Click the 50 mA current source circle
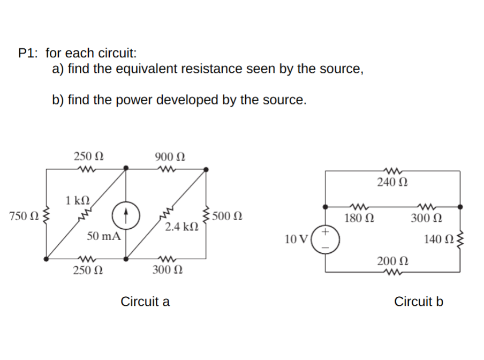pyautogui.click(x=126, y=215)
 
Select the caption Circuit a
pyautogui.click(x=145, y=302)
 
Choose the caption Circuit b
pyautogui.click(x=419, y=302)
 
